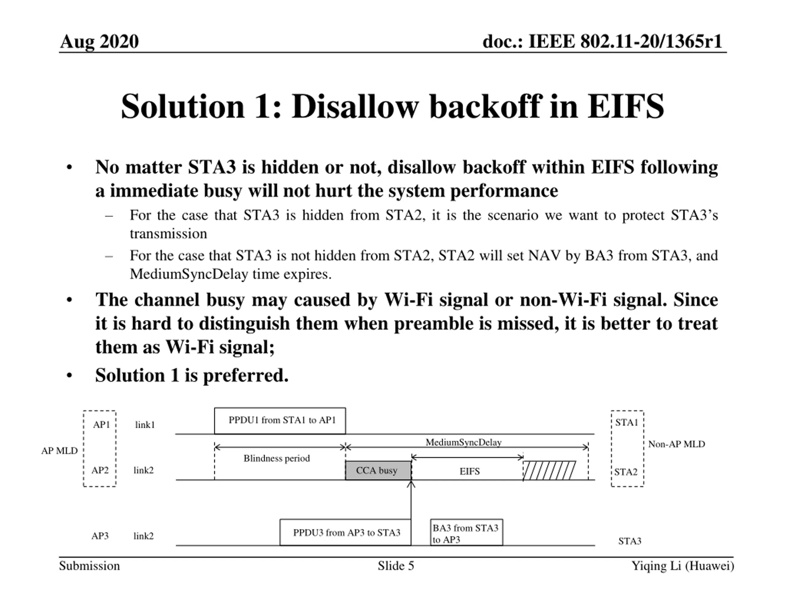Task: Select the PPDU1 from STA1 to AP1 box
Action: click(280, 421)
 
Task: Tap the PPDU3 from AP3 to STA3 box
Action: click(345, 533)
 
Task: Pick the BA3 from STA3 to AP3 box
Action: click(466, 533)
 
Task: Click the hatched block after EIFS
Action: click(549, 470)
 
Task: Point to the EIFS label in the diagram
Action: click(469, 472)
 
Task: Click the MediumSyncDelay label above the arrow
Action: click(463, 442)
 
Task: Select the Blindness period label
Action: click(276, 458)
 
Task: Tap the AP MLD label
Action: click(59, 451)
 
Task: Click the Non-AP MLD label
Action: click(676, 444)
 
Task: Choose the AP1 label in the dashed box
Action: click(101, 425)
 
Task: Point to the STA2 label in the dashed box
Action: click(626, 472)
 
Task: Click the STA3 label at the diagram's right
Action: click(630, 541)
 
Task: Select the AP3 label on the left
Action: click(100, 536)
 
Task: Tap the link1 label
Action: click(145, 425)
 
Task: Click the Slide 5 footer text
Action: click(396, 566)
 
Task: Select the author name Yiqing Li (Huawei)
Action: click(683, 566)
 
